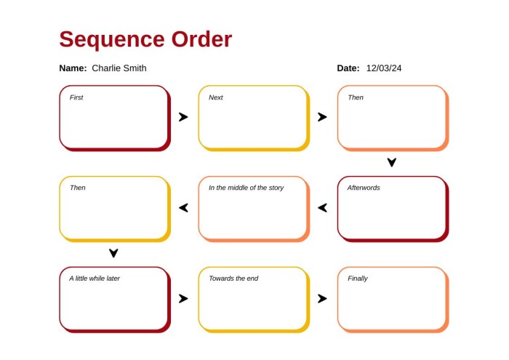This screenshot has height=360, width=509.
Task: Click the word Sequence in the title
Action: [x=112, y=40]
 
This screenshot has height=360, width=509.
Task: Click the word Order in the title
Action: [x=201, y=39]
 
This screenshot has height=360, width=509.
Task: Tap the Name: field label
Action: [x=73, y=68]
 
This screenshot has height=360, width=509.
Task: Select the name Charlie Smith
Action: [x=119, y=68]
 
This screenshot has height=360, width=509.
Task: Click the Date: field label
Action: [x=348, y=68]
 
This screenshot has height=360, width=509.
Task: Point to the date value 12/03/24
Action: [x=384, y=68]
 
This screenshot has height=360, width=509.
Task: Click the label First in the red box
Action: [x=76, y=97]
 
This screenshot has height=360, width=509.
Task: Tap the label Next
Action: [x=216, y=97]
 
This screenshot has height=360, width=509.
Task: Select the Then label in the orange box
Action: [x=356, y=97]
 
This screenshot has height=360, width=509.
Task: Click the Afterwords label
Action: [x=364, y=188]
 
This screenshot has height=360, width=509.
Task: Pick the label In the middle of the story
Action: [x=246, y=188]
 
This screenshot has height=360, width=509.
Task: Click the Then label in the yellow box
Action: [x=78, y=188]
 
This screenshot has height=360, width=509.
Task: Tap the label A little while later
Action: [x=95, y=279]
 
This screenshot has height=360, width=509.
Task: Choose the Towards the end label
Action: [x=233, y=279]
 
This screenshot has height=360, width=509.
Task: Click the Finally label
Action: [x=358, y=279]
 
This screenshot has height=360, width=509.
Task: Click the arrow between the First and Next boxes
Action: [x=183, y=117]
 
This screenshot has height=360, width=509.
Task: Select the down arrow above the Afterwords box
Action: [x=392, y=162]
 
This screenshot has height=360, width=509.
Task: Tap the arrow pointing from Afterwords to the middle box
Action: [x=322, y=208]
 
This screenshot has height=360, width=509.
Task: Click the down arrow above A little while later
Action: [x=113, y=253]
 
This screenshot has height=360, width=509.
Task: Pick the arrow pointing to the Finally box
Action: [x=322, y=298]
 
